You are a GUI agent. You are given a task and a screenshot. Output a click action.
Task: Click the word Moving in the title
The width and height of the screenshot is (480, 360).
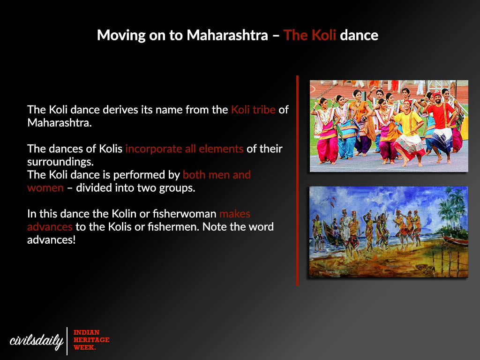click(x=121, y=36)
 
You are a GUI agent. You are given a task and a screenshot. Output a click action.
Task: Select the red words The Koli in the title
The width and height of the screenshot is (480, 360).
click(x=309, y=35)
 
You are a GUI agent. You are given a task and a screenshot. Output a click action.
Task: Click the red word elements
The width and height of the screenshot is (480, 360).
click(x=221, y=149)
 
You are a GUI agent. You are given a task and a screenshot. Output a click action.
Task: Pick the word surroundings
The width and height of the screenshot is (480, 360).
click(x=60, y=162)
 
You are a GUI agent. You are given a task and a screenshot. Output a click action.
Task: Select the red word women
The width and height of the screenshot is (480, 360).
click(x=45, y=188)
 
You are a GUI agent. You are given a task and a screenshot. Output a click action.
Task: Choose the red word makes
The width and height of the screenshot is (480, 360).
click(x=235, y=214)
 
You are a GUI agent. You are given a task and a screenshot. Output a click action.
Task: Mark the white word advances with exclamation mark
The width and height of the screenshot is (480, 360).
click(x=51, y=240)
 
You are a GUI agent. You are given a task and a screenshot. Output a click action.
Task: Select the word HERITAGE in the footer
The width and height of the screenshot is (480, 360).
click(x=91, y=340)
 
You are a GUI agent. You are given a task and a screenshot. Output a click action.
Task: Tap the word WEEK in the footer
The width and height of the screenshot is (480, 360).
click(x=84, y=347)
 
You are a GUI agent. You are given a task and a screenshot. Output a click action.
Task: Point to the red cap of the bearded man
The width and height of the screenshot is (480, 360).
click(x=437, y=94)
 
